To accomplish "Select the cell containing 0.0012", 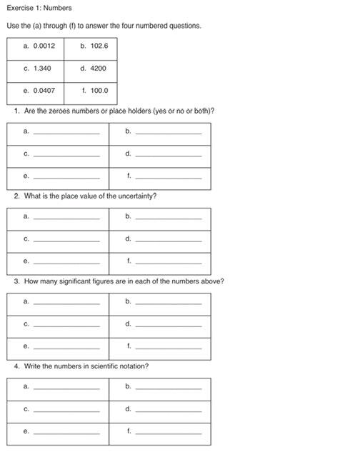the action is point(35,48).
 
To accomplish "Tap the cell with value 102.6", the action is point(91,48).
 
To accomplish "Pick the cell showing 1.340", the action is point(35,70).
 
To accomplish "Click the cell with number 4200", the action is point(91,70).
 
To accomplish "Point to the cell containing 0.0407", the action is point(35,92).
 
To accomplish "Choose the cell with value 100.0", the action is point(91,92).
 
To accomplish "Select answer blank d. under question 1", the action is point(168,154).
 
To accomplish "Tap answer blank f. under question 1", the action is point(168,176).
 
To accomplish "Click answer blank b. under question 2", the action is point(168,217).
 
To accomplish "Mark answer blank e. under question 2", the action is point(66,261).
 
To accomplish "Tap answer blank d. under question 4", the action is point(168,410).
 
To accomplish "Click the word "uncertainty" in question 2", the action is point(137,196).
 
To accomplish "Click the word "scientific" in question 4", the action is point(99,366).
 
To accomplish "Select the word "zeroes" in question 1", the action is point(66,111).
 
